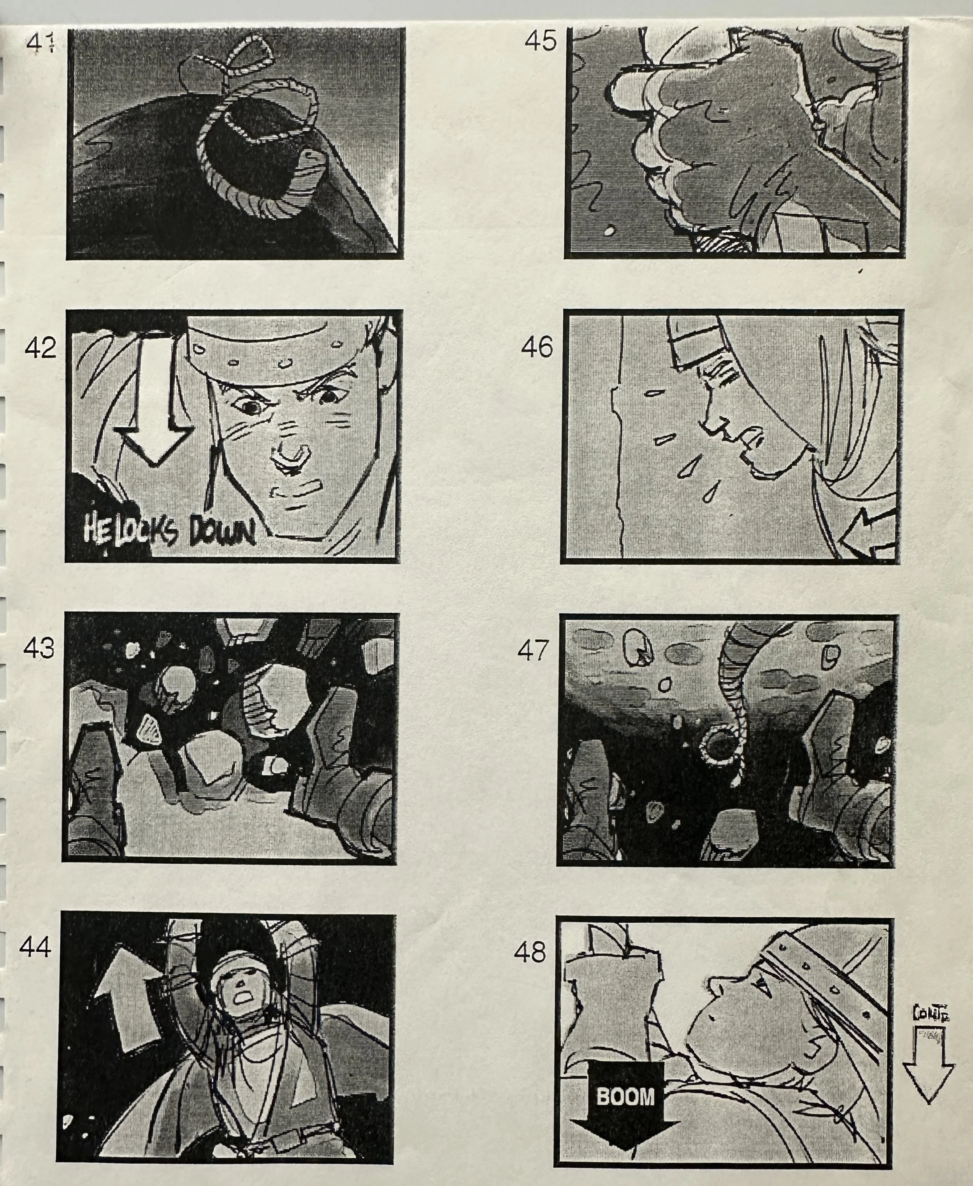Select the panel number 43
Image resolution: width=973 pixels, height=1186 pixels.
[x=39, y=648]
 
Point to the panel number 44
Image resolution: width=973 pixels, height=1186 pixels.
[x=35, y=948]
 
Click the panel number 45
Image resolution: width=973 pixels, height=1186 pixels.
[x=541, y=41]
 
